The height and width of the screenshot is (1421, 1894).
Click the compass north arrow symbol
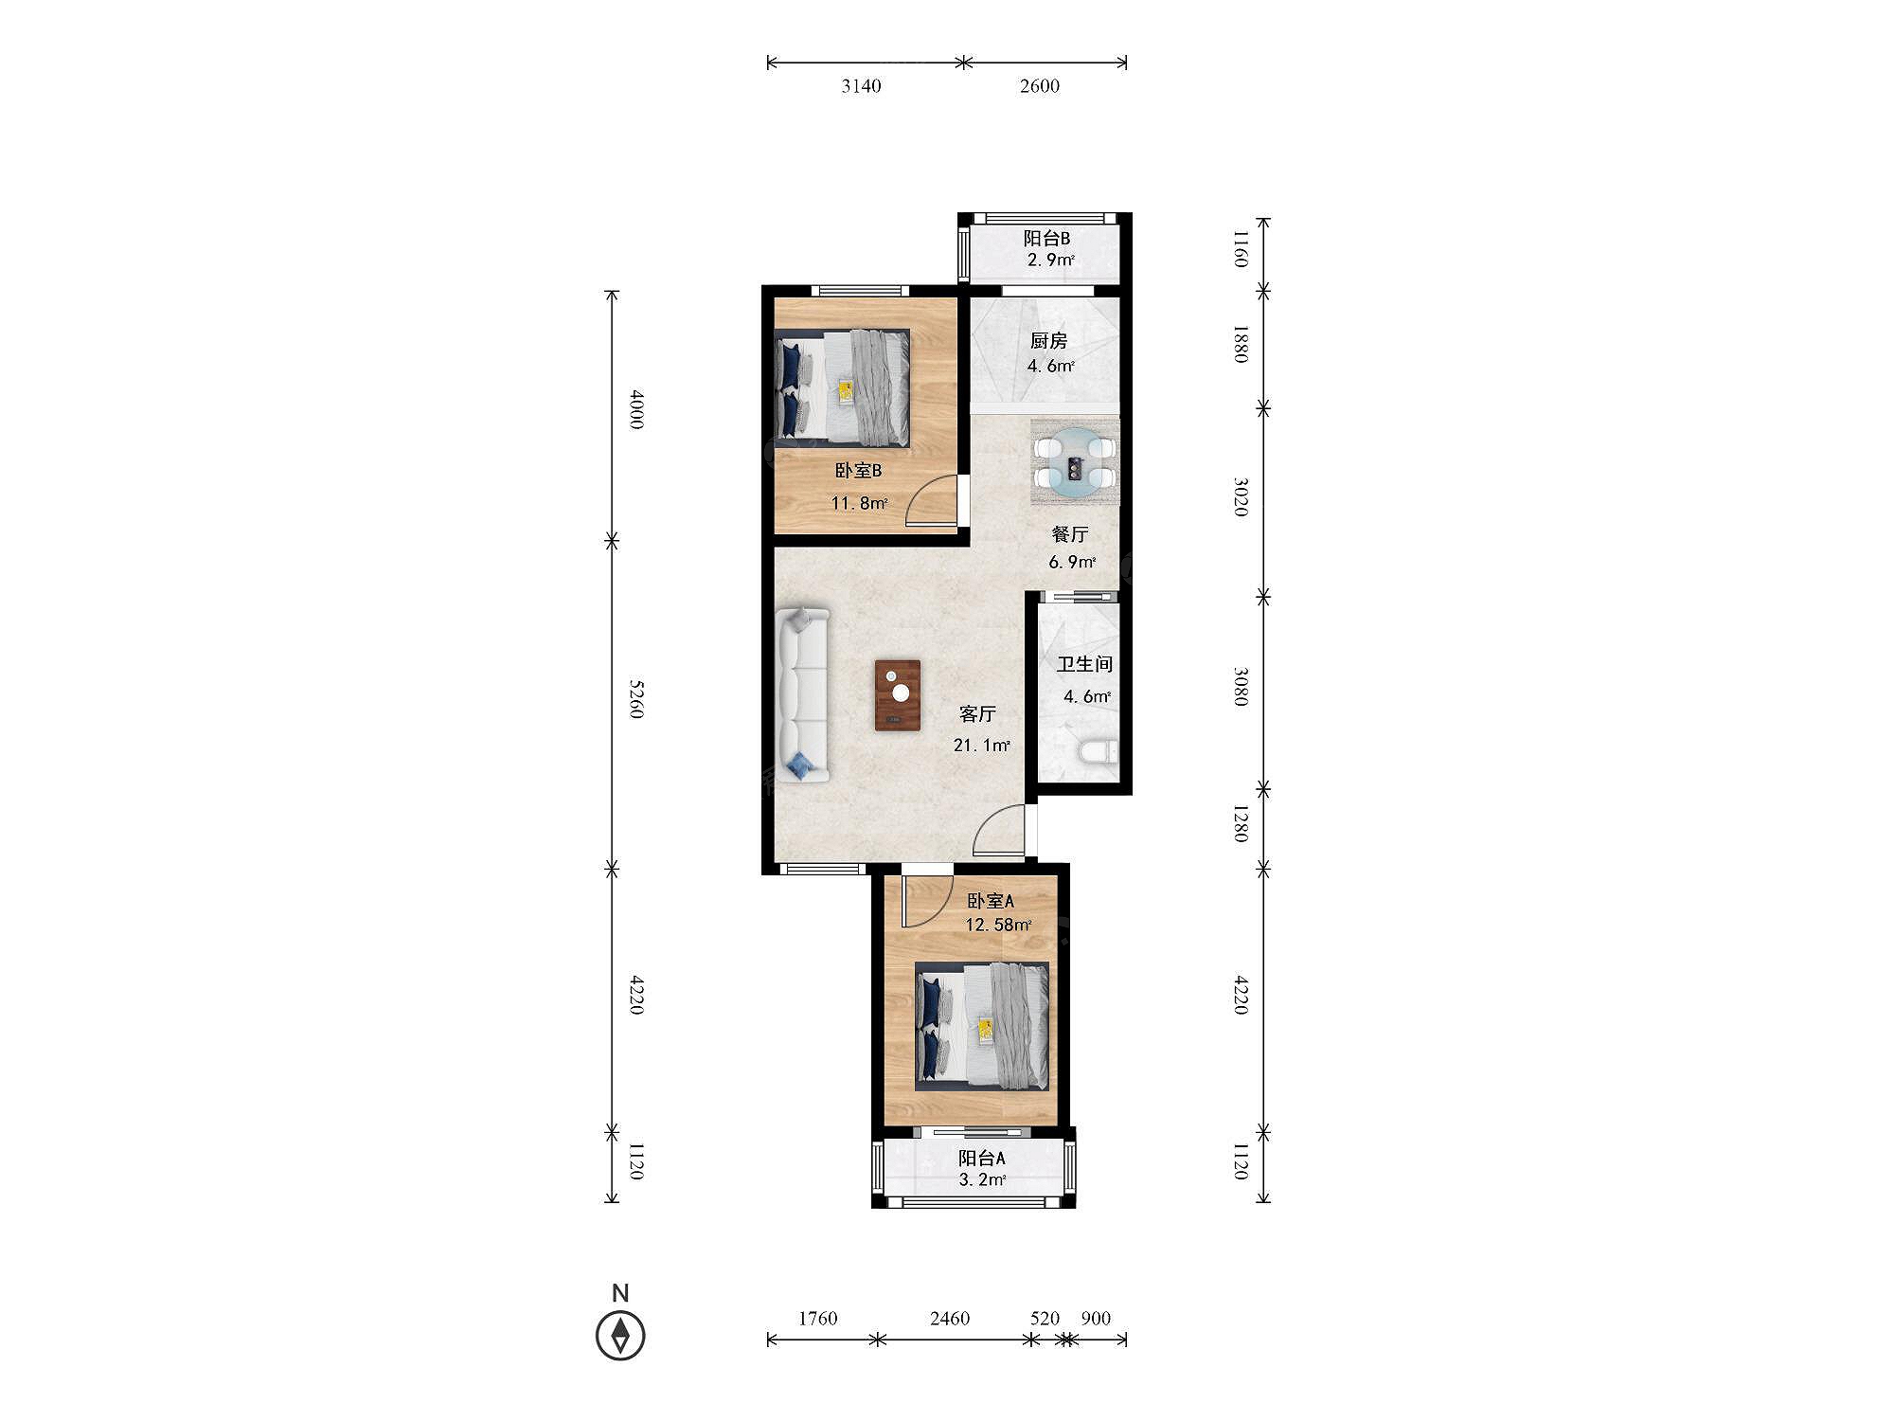[620, 1335]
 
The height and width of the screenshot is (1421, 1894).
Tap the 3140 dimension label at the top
[861, 86]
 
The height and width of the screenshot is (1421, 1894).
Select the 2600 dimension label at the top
[1039, 86]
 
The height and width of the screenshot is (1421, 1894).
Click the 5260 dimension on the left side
[636, 698]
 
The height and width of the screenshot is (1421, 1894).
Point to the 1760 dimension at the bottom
[817, 1318]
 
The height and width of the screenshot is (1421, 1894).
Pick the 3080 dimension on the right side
[1241, 687]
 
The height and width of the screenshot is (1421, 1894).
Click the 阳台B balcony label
[1046, 239]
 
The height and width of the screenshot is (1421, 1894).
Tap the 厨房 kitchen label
[1048, 341]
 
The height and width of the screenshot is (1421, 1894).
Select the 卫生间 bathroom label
[1084, 665]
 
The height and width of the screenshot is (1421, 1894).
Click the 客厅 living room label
[977, 714]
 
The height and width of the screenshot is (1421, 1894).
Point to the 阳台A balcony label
[982, 1158]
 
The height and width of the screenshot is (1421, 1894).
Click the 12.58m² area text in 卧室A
[998, 925]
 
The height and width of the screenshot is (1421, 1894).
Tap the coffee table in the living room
[898, 695]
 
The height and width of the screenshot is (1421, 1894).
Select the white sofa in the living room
[803, 694]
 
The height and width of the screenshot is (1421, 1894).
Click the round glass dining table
[1075, 462]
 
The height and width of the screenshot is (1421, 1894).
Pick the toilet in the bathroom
[1099, 752]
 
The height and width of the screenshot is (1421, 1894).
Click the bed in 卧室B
[842, 387]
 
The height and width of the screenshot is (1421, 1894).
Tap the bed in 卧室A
[982, 1026]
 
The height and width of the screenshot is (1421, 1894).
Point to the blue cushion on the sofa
[801, 764]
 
